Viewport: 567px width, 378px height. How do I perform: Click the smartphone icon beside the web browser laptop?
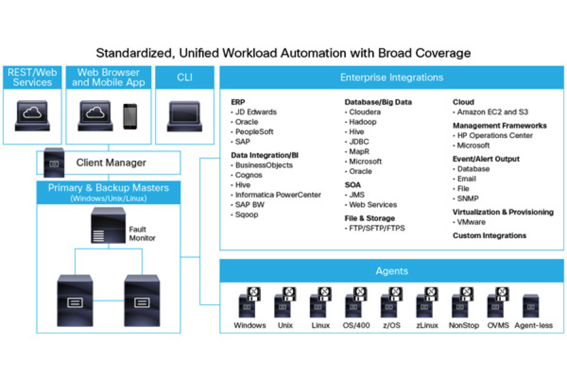130,116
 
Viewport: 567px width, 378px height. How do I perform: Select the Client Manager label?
111,163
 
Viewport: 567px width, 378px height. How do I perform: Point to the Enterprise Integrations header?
391,77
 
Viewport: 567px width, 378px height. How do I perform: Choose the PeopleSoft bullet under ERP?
255,132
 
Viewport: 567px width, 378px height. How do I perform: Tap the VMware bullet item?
471,222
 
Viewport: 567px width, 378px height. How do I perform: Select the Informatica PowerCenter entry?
278,195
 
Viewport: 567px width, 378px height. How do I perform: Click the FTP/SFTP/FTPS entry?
377,228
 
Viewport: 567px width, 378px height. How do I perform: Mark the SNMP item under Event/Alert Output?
467,198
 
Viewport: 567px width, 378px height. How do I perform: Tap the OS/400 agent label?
356,326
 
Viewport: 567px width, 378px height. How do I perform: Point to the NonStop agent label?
464,326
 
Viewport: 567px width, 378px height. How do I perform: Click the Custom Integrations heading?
490,236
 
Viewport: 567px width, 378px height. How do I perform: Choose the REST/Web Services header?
32,77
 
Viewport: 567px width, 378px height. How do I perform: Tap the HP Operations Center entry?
495,135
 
